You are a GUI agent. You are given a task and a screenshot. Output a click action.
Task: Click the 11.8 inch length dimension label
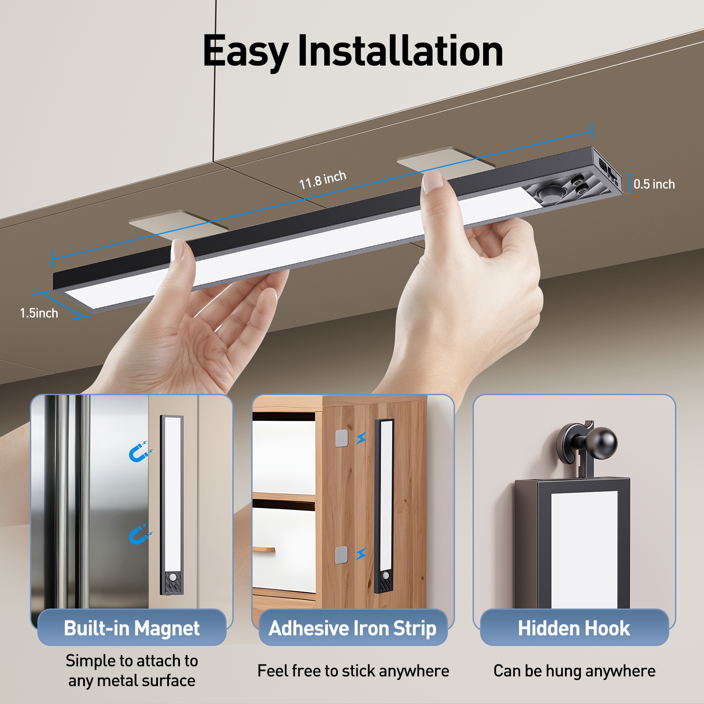point(323,180)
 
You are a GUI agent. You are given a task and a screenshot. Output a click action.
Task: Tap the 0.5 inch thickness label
point(654,184)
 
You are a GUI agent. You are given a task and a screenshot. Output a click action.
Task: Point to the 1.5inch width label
point(39,313)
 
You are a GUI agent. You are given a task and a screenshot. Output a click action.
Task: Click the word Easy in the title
point(245,52)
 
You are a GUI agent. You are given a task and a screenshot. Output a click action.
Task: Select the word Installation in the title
point(400,51)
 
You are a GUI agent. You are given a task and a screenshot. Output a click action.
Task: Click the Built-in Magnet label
point(132,628)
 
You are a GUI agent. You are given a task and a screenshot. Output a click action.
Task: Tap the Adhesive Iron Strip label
point(352,628)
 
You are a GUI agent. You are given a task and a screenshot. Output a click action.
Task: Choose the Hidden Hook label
point(574,628)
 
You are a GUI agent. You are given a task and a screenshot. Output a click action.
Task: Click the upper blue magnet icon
point(139,452)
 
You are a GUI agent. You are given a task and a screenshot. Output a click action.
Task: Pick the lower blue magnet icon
point(139,535)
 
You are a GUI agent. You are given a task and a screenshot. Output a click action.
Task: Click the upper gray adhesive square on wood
point(341,438)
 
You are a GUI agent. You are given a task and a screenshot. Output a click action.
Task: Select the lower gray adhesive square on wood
point(341,555)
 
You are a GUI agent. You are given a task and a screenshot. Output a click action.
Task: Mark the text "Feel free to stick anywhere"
point(353,671)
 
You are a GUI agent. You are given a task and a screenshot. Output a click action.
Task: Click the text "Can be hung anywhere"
point(574,671)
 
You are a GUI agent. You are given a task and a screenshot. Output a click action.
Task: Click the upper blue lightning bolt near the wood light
point(361,438)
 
